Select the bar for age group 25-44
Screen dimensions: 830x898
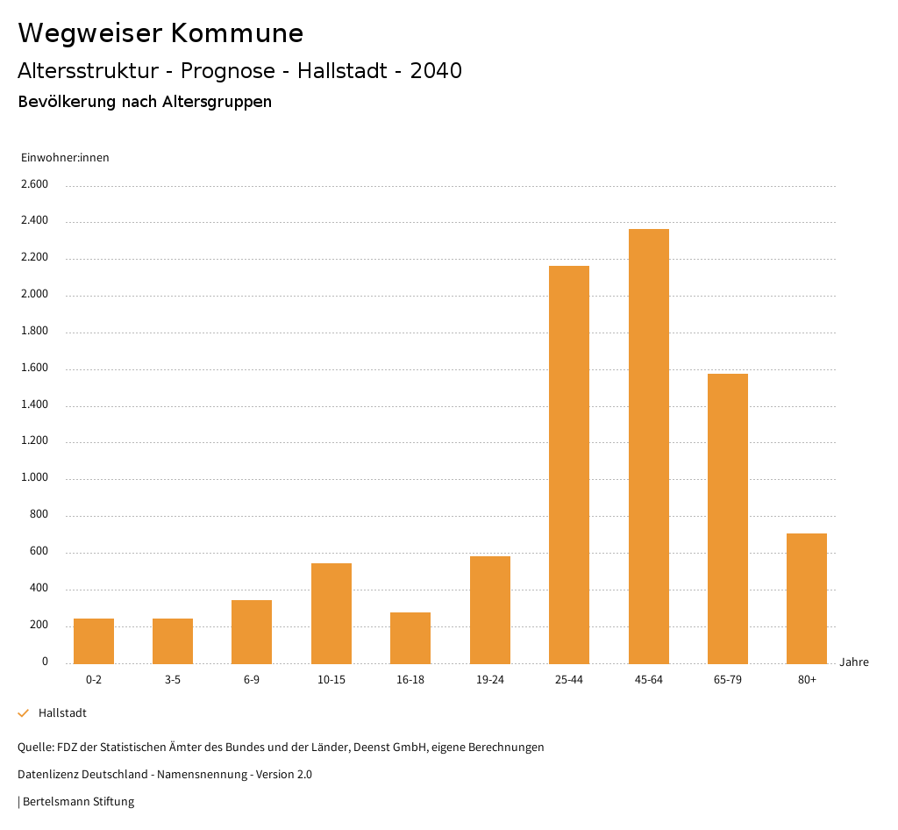(x=569, y=464)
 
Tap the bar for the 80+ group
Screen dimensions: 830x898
(x=807, y=598)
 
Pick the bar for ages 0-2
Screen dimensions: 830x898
(x=94, y=640)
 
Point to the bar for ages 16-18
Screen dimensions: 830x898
(x=410, y=638)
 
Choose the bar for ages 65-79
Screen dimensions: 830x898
(x=728, y=519)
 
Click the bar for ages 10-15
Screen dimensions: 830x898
(x=331, y=613)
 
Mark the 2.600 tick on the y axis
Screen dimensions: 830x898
(x=34, y=184)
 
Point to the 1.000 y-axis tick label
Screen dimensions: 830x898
(x=34, y=478)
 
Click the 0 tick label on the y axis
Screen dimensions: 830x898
(x=45, y=662)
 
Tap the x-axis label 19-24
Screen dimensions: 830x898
(x=489, y=680)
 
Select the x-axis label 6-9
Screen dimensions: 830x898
(x=252, y=680)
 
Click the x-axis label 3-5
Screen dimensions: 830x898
(x=173, y=680)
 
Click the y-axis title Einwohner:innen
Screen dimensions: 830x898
(x=65, y=158)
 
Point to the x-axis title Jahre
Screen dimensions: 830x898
(x=853, y=662)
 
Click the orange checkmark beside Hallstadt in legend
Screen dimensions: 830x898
(x=24, y=713)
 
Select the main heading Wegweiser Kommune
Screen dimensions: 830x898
(x=160, y=33)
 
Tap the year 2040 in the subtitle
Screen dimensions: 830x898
(x=436, y=71)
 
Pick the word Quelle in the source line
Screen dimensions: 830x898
(x=34, y=748)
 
